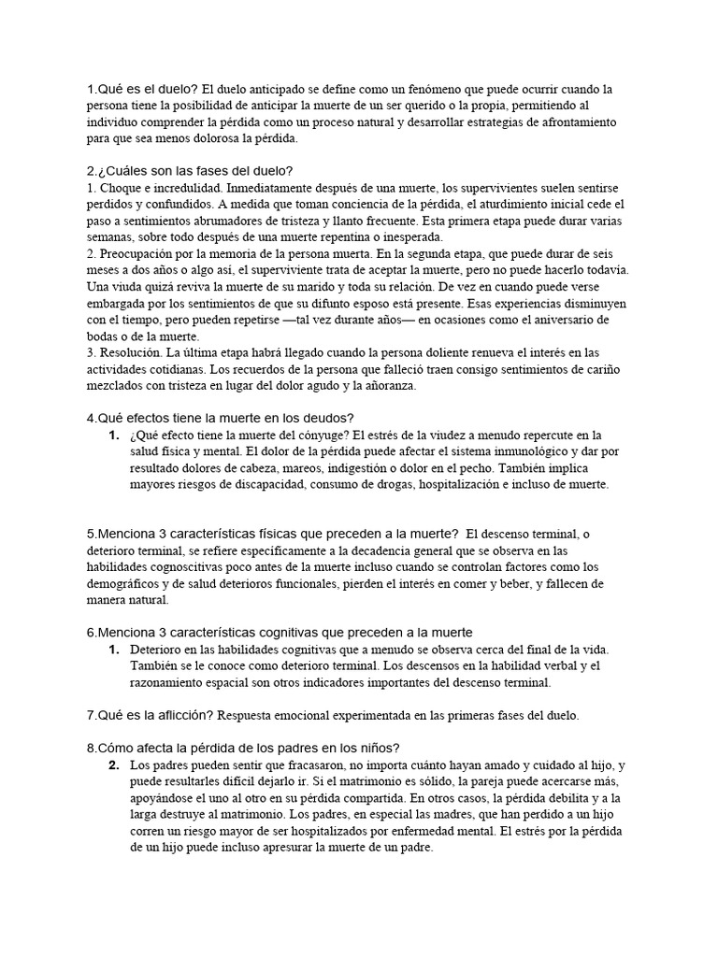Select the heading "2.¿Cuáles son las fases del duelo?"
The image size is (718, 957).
[x=190, y=170]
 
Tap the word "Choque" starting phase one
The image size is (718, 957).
[x=123, y=187]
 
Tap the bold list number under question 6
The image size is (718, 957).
[x=112, y=649]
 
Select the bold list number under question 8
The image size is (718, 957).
[x=112, y=764]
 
